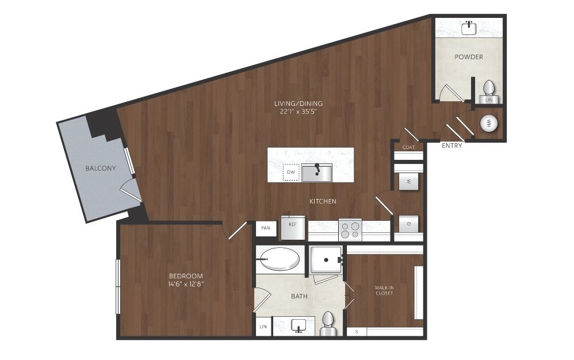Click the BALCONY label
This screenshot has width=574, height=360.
click(x=101, y=168)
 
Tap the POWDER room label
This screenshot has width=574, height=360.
click(x=469, y=57)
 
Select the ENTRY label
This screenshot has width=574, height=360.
click(x=451, y=145)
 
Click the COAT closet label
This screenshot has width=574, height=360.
click(x=408, y=147)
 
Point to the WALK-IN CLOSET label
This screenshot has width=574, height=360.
click(x=384, y=290)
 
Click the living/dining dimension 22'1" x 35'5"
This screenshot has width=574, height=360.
click(x=299, y=112)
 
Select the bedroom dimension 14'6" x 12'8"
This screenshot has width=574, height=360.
click(x=186, y=284)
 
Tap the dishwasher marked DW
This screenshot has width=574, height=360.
click(x=291, y=173)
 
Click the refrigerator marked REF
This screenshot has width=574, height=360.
click(x=293, y=228)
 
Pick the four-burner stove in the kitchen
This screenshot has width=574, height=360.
click(x=350, y=229)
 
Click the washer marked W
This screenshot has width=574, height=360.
click(x=408, y=182)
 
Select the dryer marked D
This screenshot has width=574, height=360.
click(x=408, y=224)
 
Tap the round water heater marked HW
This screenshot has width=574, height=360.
click(x=489, y=123)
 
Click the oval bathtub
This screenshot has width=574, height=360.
click(x=280, y=259)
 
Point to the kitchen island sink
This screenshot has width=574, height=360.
click(x=317, y=173)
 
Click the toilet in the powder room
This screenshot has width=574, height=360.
click(x=489, y=88)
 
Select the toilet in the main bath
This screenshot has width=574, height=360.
click(x=328, y=323)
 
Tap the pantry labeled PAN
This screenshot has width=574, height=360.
click(x=266, y=228)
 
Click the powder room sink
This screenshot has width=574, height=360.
click(x=469, y=28)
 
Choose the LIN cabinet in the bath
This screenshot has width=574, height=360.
click(x=263, y=327)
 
